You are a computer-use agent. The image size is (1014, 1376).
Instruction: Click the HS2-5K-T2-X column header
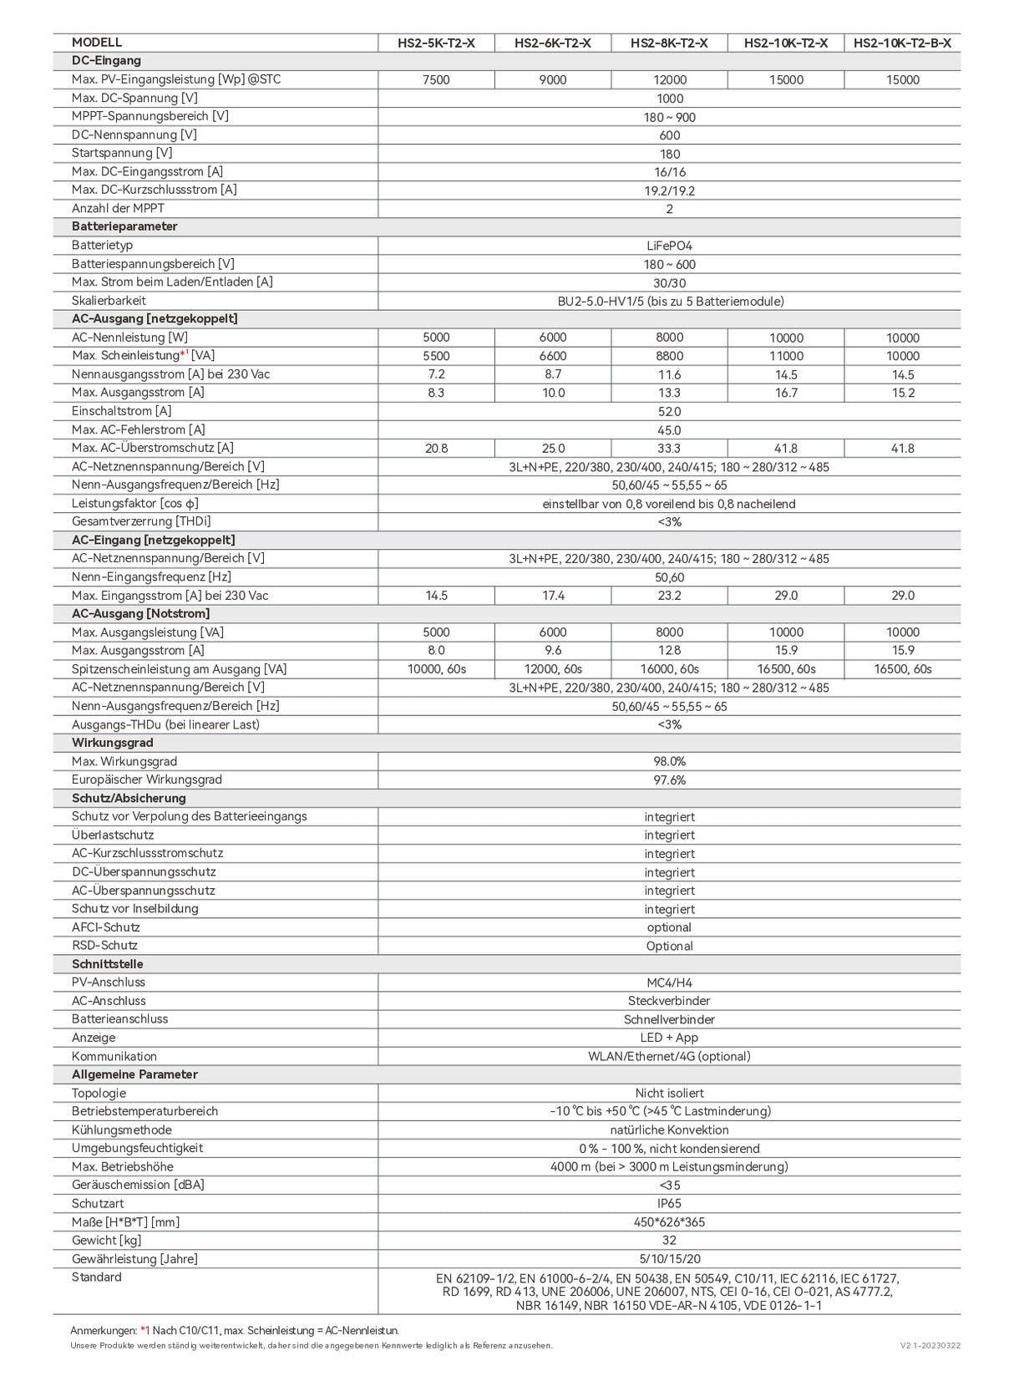[436, 43]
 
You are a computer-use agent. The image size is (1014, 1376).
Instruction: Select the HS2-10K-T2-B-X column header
[902, 43]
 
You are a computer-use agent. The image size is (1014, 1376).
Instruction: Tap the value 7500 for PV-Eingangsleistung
[436, 80]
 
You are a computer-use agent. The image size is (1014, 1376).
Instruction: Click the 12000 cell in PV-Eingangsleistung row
[669, 80]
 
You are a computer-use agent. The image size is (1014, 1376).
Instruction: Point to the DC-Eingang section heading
[106, 61]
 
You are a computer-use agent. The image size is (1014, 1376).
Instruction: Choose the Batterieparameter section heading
[124, 226]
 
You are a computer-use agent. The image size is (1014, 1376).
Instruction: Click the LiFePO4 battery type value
[669, 246]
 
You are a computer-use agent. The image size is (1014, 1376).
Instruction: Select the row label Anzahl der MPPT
[118, 208]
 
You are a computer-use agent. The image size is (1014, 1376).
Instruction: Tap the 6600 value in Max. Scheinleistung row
[553, 356]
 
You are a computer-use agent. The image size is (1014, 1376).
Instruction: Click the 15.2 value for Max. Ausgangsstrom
[902, 393]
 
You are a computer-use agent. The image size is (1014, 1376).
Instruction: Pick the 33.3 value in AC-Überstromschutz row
[669, 449]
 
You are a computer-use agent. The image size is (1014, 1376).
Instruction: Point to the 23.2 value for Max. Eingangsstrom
[669, 596]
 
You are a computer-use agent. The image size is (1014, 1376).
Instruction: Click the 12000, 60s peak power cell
[553, 669]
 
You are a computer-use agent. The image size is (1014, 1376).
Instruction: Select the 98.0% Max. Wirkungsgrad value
[669, 761]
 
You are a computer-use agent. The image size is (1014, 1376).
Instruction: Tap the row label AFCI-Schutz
[105, 927]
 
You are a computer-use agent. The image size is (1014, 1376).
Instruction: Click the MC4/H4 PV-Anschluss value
[669, 982]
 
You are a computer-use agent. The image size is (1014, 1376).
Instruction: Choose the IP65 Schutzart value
[669, 1204]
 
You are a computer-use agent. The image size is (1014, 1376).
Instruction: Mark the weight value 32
[669, 1241]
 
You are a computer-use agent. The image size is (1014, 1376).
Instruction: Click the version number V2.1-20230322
[930, 1346]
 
